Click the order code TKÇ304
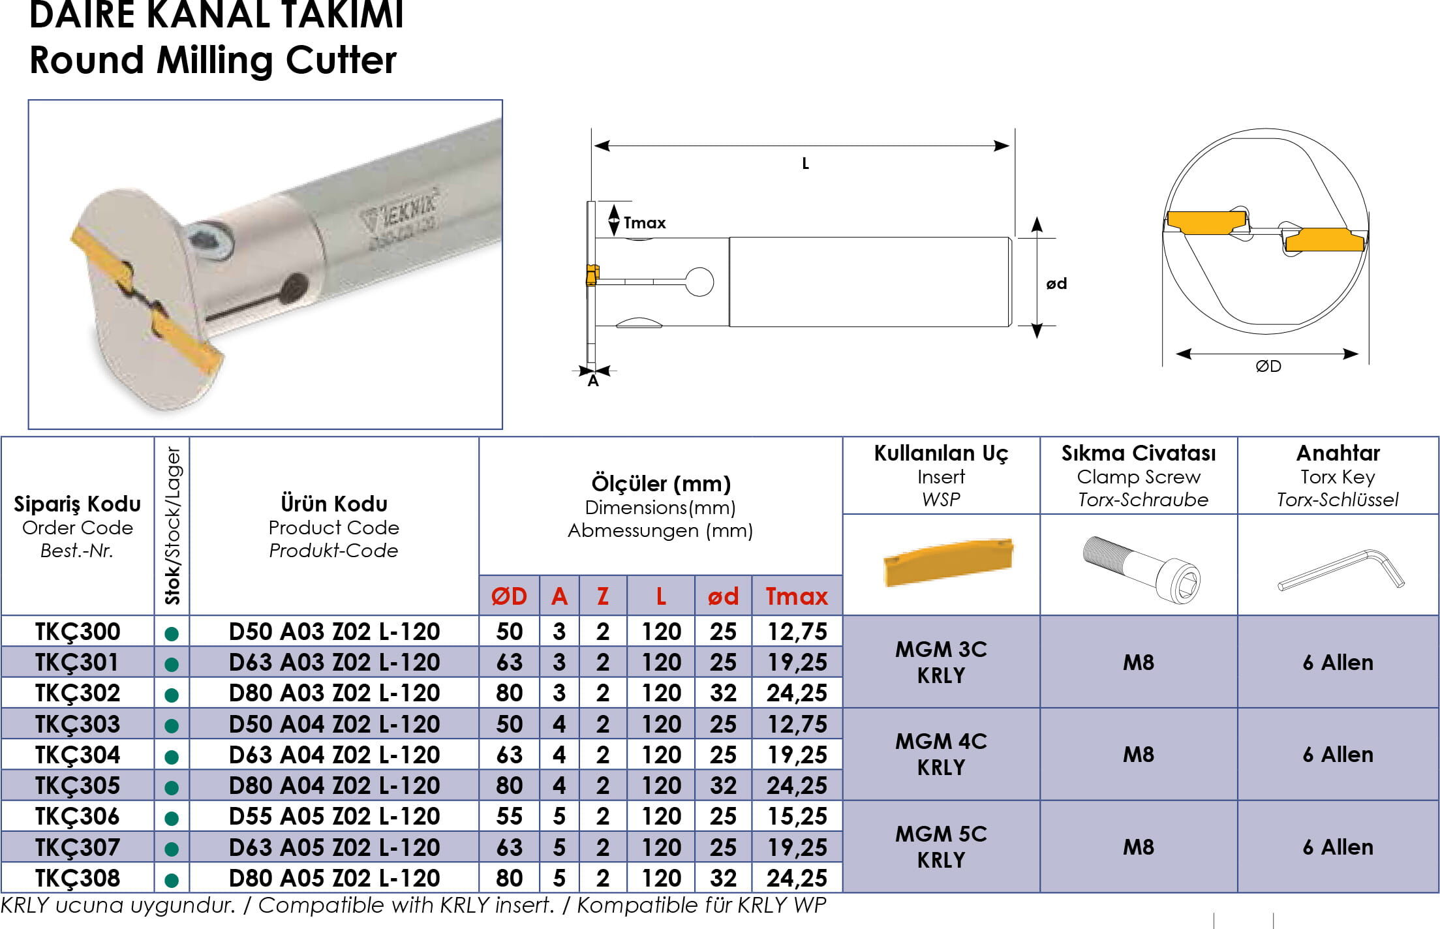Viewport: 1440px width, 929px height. [78, 755]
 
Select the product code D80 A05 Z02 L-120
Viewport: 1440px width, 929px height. [334, 878]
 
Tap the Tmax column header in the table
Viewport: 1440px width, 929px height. [797, 596]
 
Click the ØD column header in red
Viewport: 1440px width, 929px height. [509, 596]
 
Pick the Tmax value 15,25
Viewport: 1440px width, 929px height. [797, 816]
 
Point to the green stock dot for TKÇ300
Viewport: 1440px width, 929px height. [172, 633]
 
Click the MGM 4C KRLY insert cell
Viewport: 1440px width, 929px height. [941, 754]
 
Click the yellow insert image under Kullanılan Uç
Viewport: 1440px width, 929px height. [948, 562]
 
